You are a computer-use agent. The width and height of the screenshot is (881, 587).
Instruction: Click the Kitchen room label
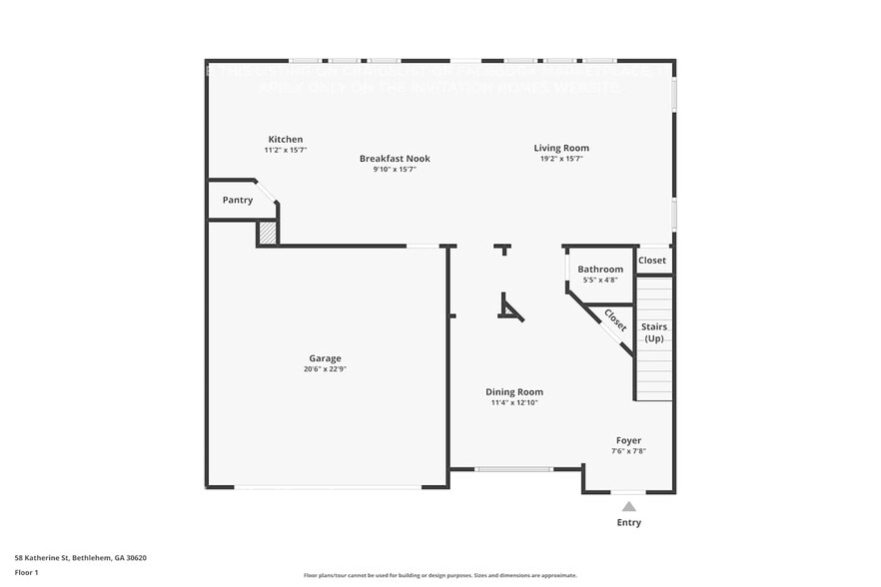tap(285, 139)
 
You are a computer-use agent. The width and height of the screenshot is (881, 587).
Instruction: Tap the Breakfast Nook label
tap(395, 158)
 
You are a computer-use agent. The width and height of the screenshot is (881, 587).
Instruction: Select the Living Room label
tap(560, 148)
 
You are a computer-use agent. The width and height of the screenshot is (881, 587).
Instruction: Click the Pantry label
tap(238, 200)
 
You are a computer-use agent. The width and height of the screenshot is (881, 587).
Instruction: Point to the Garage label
tap(325, 358)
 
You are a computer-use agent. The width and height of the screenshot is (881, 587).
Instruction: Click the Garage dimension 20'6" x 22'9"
tap(325, 369)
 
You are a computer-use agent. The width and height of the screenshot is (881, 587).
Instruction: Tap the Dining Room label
tap(514, 392)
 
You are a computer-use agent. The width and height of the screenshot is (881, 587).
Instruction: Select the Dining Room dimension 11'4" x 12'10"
tap(514, 403)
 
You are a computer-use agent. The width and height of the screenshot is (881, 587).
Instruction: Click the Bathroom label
tap(600, 269)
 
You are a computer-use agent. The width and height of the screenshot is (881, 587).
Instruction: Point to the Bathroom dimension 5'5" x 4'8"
tap(600, 280)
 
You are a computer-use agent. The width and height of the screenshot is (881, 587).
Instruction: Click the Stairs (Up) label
tap(654, 332)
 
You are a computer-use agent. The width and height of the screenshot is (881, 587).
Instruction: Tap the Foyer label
tap(628, 440)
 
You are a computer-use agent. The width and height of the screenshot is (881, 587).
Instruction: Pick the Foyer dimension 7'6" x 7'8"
tap(628, 451)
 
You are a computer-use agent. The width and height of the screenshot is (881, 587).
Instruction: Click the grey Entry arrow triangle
tap(628, 506)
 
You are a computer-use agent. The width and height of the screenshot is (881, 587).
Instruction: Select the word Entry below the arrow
tap(628, 522)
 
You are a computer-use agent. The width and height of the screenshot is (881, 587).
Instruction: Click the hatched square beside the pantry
tap(267, 233)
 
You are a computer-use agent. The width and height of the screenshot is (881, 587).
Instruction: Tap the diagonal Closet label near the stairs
tap(615, 320)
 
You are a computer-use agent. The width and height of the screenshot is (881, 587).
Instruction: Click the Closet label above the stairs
tap(652, 261)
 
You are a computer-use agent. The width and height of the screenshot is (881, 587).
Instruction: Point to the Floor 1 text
tap(27, 573)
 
